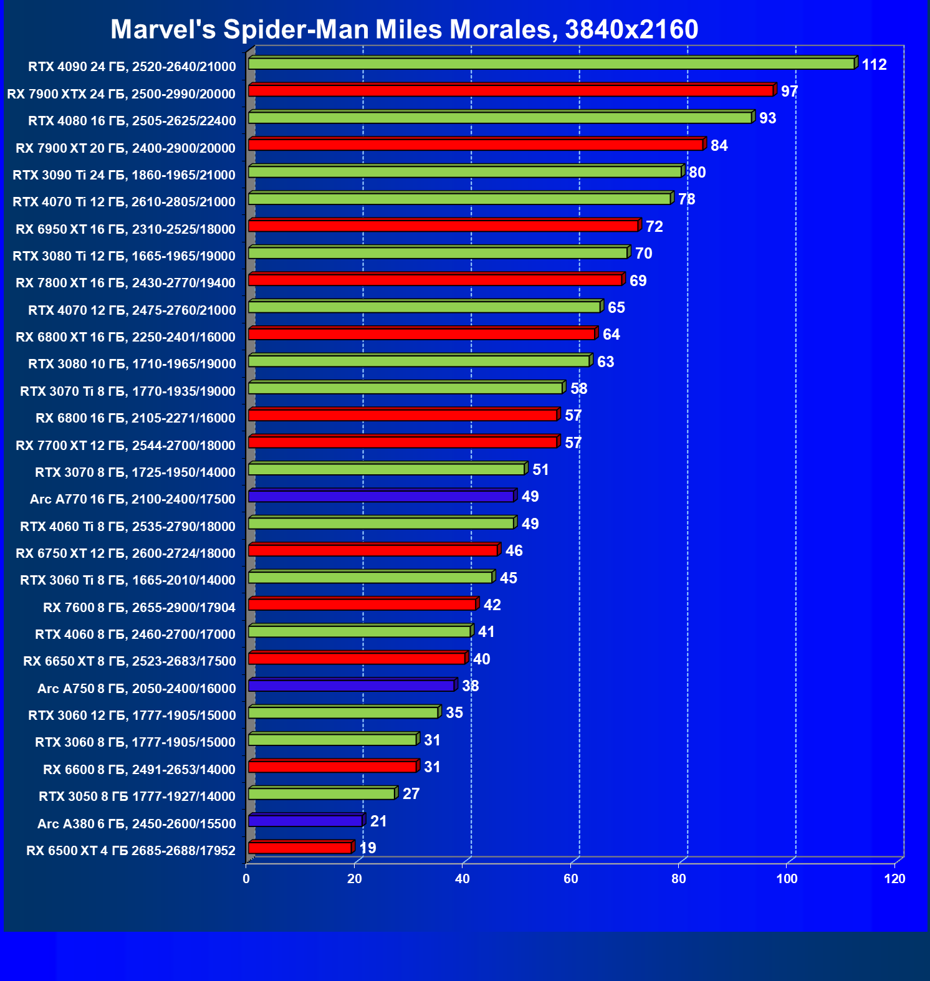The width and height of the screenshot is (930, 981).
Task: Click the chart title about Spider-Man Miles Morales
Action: coord(404,29)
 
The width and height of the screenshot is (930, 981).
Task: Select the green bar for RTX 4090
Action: coord(551,64)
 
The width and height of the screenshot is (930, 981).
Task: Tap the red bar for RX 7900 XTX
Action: coord(511,91)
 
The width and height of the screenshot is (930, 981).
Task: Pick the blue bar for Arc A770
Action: coord(381,496)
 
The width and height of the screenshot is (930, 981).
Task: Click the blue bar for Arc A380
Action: coord(305,821)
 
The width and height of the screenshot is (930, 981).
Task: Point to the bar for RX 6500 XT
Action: coord(300,848)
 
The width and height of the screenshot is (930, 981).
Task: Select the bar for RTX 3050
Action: coord(321,793)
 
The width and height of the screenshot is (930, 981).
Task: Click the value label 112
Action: coord(874,65)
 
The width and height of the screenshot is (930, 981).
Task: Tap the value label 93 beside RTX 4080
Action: coord(767,118)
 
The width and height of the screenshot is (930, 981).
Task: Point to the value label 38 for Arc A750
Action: coord(470,686)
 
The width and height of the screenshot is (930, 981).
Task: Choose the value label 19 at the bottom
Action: coord(368,848)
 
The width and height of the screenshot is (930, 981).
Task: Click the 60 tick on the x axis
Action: coord(571,879)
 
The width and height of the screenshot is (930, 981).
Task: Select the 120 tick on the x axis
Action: coord(895,879)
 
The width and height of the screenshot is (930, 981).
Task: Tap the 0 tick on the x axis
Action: coord(246,879)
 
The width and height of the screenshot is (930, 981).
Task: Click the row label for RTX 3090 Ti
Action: coord(124,175)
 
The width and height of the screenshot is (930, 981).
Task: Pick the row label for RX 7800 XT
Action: coord(125,283)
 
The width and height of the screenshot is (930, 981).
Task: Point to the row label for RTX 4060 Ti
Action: coord(128,527)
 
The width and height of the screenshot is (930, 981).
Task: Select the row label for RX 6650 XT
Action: coord(130,661)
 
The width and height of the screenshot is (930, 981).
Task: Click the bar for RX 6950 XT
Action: coord(443,226)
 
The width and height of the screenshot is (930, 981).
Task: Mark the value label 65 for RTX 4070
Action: coord(616,308)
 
